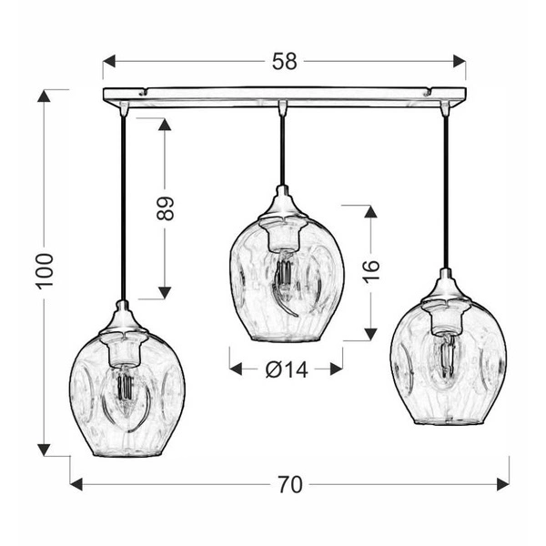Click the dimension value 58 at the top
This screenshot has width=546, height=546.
284,62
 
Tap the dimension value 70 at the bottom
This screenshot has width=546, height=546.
289,485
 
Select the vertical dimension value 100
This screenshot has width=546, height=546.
45,270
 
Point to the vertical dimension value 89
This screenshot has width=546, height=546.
165,207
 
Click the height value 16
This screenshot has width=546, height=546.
370,270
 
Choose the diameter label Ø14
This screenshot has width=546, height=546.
285,369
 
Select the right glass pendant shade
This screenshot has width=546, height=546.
447,364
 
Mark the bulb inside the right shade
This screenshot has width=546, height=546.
446,355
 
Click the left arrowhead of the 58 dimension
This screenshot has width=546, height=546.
108,62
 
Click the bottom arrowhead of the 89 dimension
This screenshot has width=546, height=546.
165,292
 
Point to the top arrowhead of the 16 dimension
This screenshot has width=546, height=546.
370,211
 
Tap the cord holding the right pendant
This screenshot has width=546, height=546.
446,191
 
